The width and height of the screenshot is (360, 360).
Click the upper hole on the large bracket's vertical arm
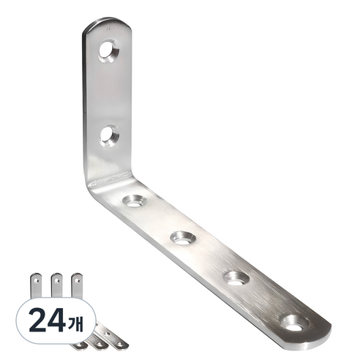pyautogui.click(x=108, y=51)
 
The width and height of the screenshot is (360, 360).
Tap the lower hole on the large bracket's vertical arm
pyautogui.click(x=109, y=136)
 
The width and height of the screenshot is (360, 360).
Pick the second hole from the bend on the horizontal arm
pyautogui.click(x=183, y=239)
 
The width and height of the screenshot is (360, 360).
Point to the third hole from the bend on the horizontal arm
pyautogui.click(x=236, y=279)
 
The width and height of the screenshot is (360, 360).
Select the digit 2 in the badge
pyautogui.click(x=37, y=320)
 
